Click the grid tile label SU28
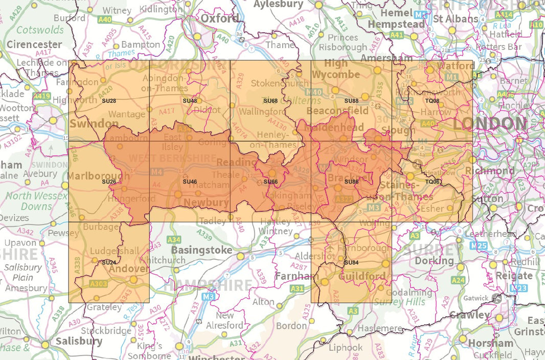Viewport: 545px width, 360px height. [x=109, y=101]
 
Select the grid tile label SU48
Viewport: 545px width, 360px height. [x=190, y=101]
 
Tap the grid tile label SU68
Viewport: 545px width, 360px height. [x=270, y=101]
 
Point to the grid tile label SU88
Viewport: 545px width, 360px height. [x=351, y=101]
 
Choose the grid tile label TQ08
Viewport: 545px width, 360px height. [x=432, y=101]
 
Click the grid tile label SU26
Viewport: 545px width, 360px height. [x=109, y=182]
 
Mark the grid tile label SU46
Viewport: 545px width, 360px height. [x=190, y=182]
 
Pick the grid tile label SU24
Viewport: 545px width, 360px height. [x=109, y=262]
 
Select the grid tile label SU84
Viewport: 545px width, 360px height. [x=351, y=262]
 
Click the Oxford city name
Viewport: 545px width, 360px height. [x=219, y=18]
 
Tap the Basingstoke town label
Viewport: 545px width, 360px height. [x=201, y=251]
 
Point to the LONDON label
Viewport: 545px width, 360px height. [x=490, y=123]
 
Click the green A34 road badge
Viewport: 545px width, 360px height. [x=174, y=239]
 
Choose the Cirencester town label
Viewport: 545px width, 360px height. [x=34, y=44]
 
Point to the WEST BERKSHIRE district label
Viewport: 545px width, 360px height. [x=172, y=158]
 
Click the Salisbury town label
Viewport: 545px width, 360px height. [x=79, y=341]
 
